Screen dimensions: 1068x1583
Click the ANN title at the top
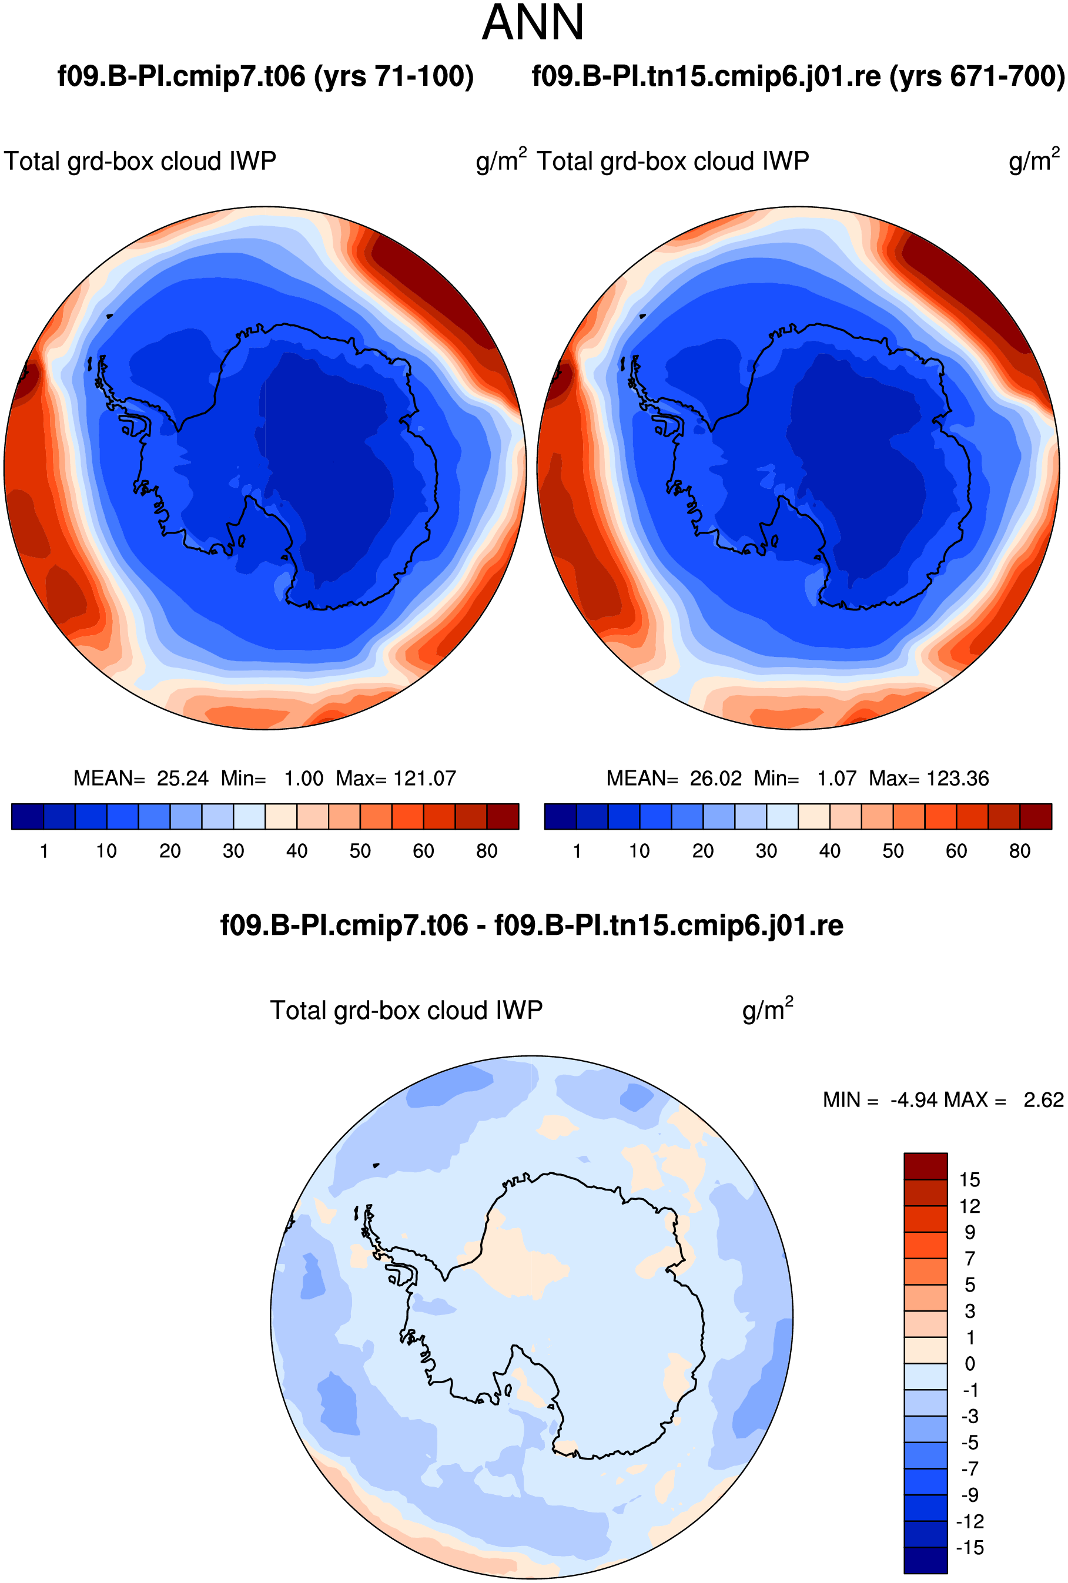tap(533, 23)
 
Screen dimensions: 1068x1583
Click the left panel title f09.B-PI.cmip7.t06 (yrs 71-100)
tap(266, 76)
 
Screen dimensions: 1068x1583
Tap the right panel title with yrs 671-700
tap(798, 76)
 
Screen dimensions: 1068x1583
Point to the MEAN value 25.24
tap(183, 778)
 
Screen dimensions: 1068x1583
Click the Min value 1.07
tap(836, 778)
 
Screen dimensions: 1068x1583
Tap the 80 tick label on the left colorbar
tap(487, 851)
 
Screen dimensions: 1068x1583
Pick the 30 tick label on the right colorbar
tap(766, 851)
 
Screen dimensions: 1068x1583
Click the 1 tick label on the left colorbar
tap(44, 851)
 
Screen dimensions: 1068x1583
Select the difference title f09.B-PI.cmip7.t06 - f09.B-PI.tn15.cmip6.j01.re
tap(532, 925)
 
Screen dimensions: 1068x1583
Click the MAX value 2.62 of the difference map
tap(1043, 1099)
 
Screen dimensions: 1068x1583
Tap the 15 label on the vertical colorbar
tap(970, 1180)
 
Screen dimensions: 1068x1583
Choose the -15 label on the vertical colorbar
tap(970, 1548)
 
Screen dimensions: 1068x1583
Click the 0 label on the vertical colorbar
tap(970, 1364)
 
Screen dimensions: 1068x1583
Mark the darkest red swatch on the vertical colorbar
tap(926, 1166)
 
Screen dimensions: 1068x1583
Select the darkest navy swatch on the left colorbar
tap(28, 816)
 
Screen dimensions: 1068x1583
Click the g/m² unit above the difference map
tap(768, 1010)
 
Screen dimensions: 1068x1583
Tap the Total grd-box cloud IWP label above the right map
tap(673, 162)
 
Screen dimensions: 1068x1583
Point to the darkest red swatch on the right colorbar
tap(1036, 816)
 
